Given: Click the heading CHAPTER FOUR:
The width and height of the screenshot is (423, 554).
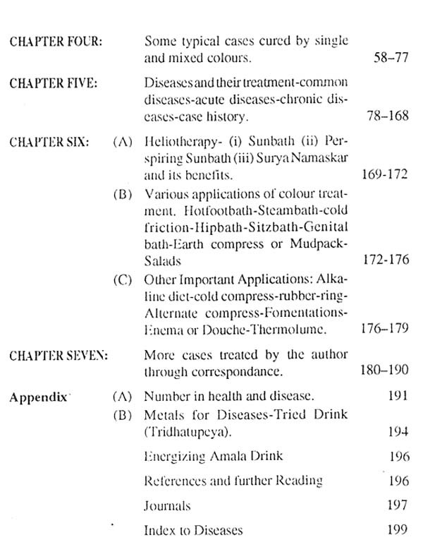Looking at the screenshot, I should click(57, 43).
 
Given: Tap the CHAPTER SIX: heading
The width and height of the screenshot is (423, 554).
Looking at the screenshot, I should click(49, 142).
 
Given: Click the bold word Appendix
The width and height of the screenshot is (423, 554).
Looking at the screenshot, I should click(38, 397).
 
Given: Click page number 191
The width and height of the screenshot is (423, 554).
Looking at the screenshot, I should click(398, 397).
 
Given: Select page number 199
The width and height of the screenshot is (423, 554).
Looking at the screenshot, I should click(398, 529).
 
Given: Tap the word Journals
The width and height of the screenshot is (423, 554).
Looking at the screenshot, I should click(167, 505).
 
